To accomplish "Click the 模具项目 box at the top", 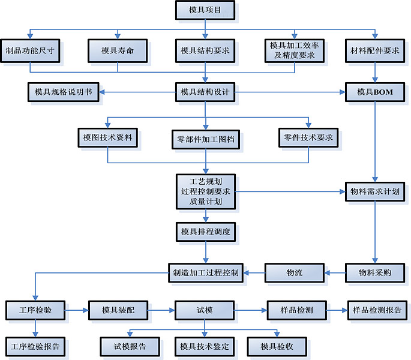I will (205, 10).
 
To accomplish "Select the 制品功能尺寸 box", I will (30, 51).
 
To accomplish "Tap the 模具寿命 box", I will (117, 51).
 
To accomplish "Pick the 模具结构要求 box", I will (205, 51).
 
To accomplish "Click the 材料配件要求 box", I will (375, 51).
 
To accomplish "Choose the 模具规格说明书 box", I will (63, 92).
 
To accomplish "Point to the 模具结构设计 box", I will (205, 92).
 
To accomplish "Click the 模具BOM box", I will (375, 92).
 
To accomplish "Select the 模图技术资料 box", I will (108, 137).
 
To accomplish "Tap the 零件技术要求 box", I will (309, 137).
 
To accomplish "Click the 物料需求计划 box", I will (375, 191).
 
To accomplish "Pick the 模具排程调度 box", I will (205, 231).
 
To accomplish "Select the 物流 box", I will (295, 273).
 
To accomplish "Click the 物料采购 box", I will (375, 273).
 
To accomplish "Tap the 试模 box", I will (205, 311).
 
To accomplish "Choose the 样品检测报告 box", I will (379, 311).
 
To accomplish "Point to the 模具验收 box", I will (277, 346).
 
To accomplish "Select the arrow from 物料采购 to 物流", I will (335, 273).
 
